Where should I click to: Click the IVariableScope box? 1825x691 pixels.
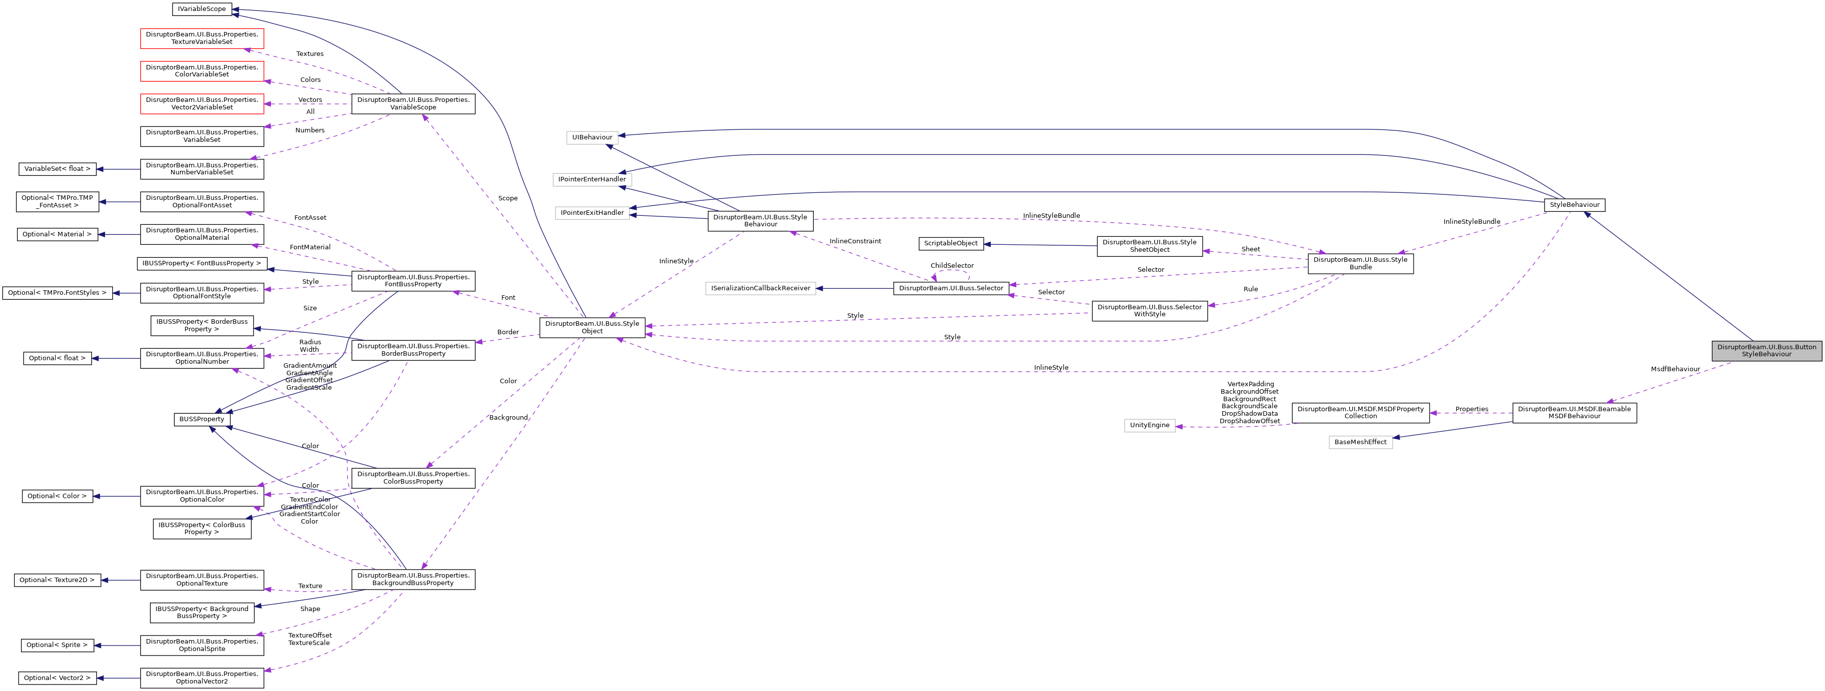(202, 9)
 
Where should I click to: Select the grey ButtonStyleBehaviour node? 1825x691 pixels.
(1766, 350)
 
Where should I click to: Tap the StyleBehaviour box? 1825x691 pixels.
(1574, 205)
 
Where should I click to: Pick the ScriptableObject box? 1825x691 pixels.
(950, 243)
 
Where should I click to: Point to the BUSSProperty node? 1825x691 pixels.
(201, 419)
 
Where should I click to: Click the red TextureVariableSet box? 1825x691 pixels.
(202, 38)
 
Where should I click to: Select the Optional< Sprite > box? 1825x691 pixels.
(56, 645)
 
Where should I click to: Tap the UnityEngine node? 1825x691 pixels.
(1149, 426)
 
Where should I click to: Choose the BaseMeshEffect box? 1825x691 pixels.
(1360, 442)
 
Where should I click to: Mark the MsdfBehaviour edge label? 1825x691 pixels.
(1675, 369)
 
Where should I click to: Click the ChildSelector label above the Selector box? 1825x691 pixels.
(951, 265)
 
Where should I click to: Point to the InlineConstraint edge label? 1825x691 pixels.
(855, 241)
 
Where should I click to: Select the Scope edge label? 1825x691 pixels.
(507, 198)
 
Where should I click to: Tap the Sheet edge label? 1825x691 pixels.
(1251, 249)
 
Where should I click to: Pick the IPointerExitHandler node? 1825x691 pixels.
(592, 212)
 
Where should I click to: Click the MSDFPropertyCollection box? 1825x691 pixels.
(1360, 413)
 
